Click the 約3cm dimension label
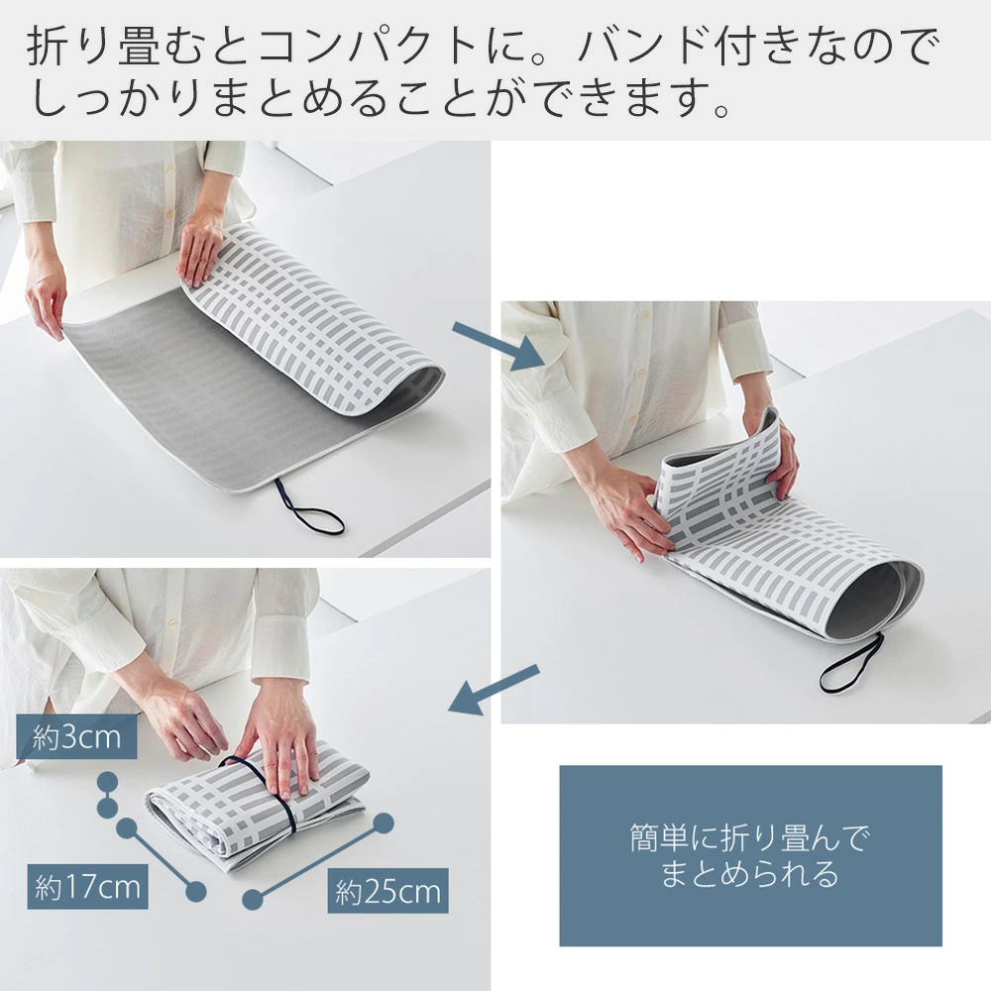(x=76, y=737)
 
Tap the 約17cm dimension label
(x=87, y=887)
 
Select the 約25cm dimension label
(x=387, y=891)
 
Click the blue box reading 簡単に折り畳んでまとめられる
(x=750, y=856)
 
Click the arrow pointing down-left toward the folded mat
(x=495, y=690)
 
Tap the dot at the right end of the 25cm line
(x=383, y=824)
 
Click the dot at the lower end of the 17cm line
(x=196, y=891)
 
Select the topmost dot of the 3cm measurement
(x=107, y=783)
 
